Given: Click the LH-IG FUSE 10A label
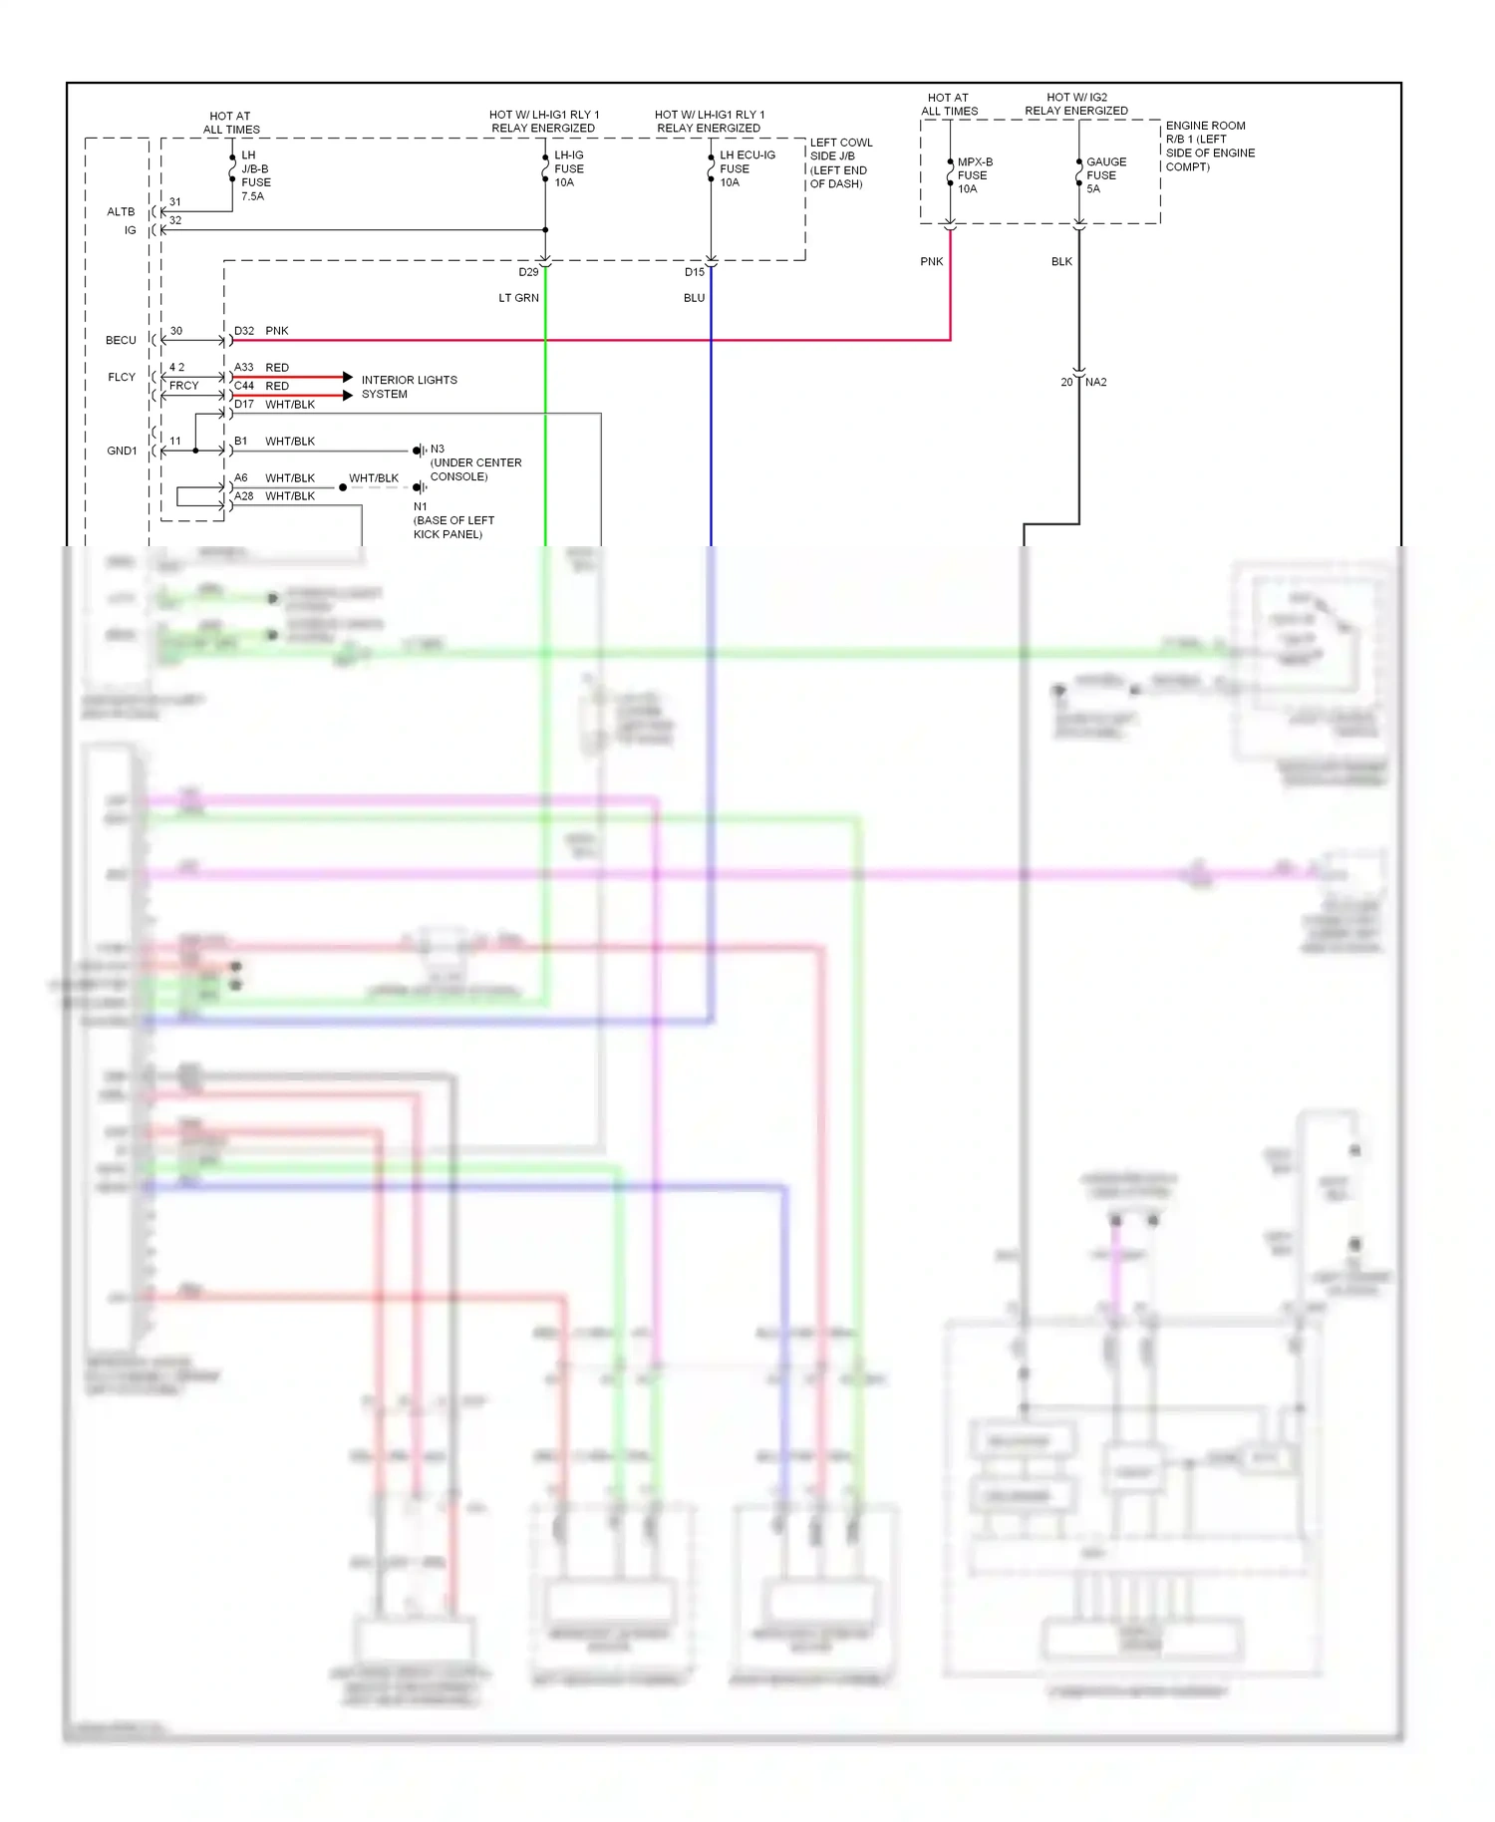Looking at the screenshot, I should [568, 168].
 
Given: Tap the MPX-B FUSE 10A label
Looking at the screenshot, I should [974, 175].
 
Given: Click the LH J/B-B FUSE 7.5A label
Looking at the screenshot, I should [254, 175].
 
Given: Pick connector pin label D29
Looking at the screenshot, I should [528, 272].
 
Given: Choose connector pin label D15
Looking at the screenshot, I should [694, 272].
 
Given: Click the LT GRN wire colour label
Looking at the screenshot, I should [518, 298].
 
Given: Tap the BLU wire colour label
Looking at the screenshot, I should [694, 298].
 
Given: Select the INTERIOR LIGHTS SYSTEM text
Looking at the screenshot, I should [409, 387].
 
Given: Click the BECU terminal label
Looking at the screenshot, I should [121, 340].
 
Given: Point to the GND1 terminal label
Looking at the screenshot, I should [122, 451].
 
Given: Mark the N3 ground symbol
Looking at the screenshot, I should [420, 451].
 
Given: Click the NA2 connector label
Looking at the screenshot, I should [1095, 382].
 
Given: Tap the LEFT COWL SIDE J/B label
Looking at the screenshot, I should [839, 162].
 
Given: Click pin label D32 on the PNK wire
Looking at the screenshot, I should [244, 331].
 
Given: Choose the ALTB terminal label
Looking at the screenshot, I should [121, 211].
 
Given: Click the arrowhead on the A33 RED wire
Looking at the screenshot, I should [347, 377].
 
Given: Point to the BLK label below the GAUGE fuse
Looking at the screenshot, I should [1061, 262].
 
